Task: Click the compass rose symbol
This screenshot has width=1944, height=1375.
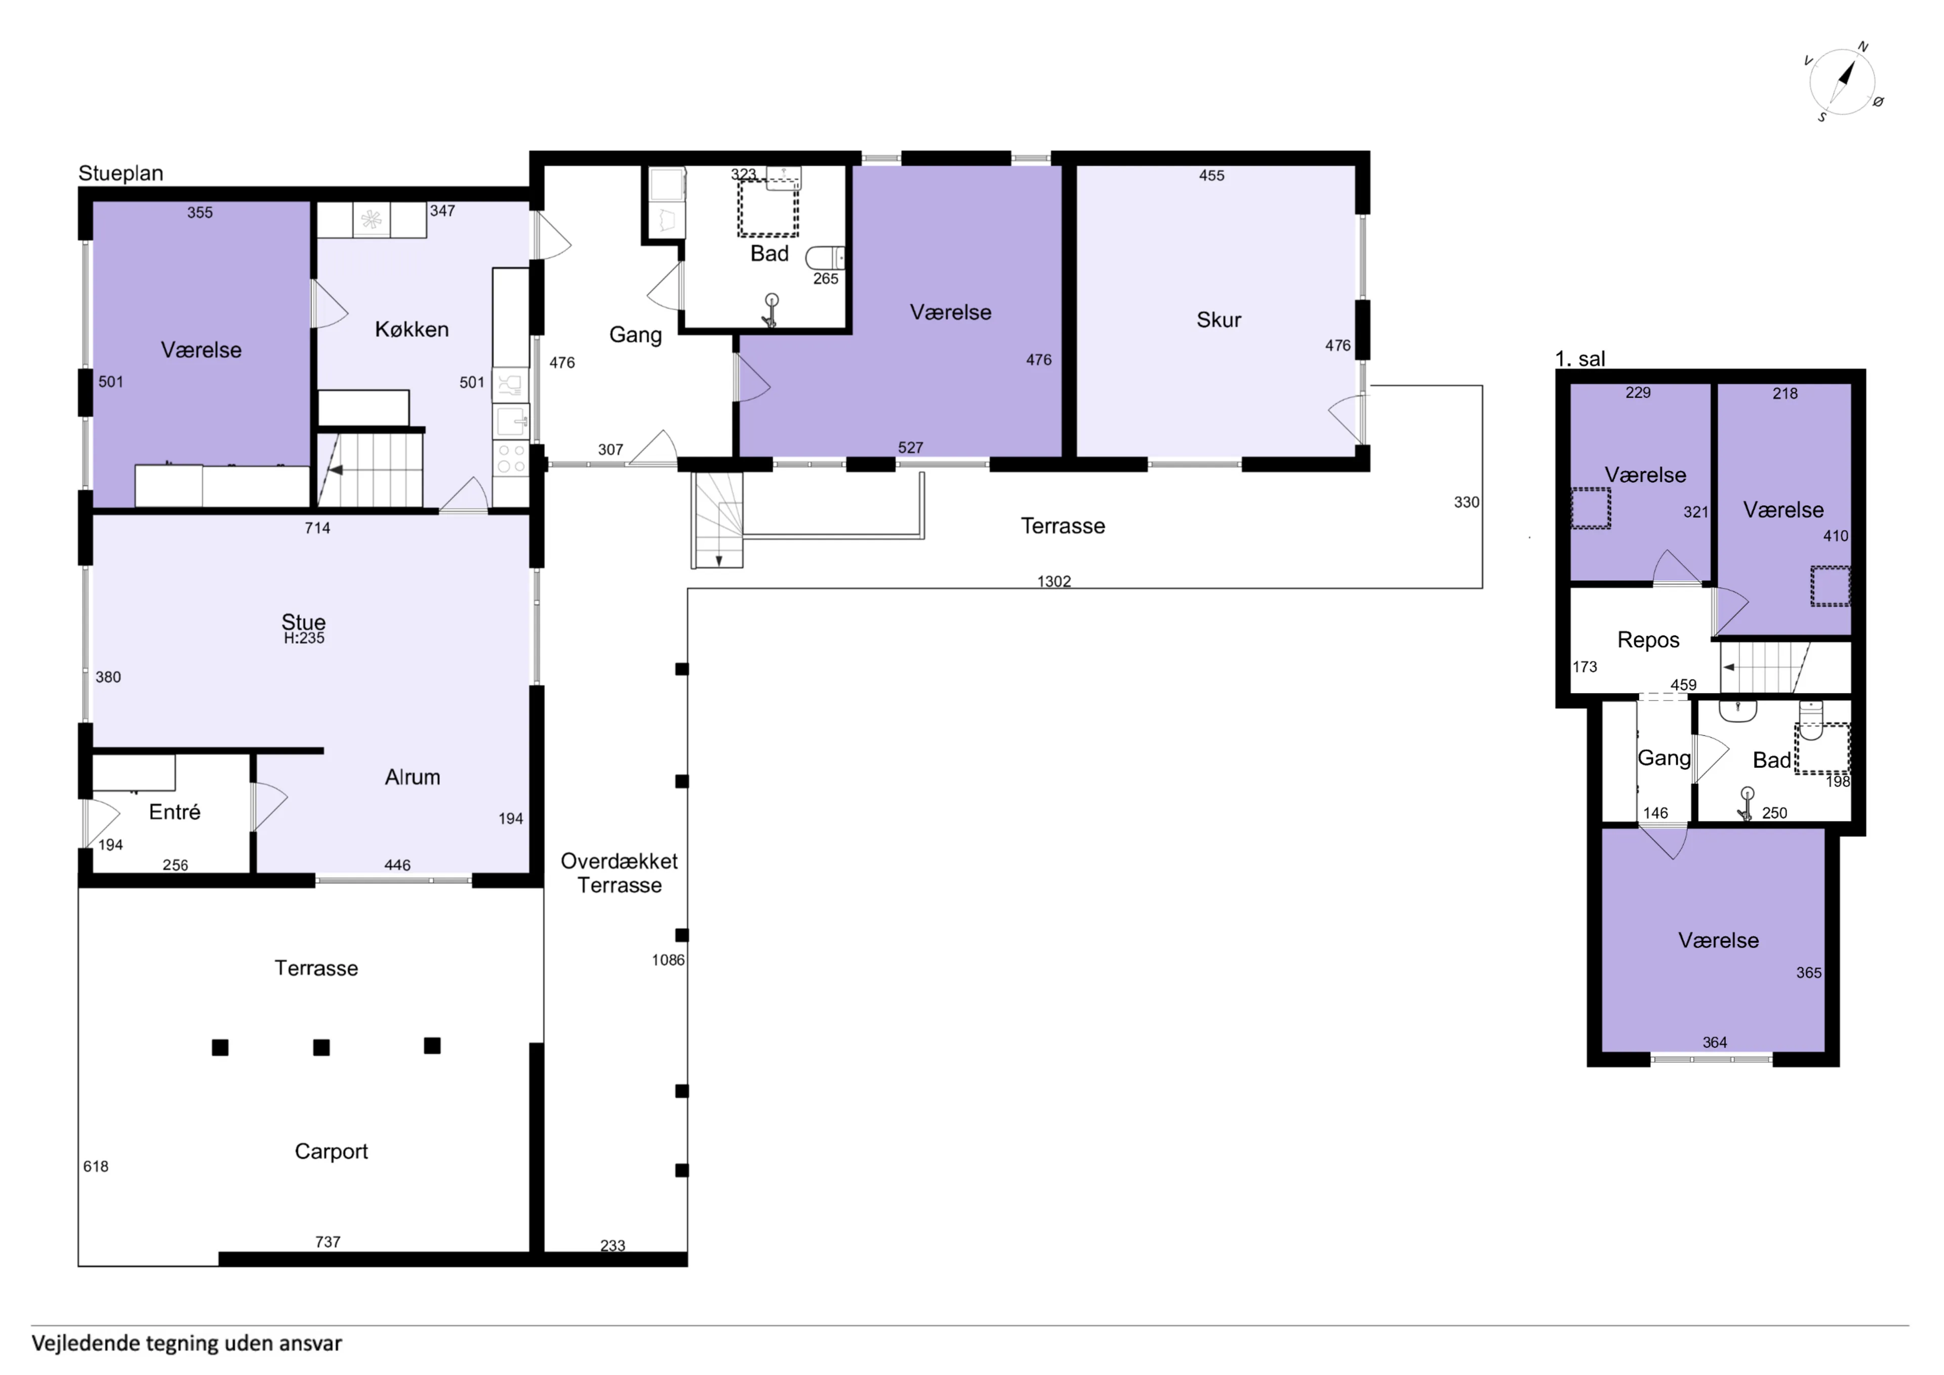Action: pos(1842,82)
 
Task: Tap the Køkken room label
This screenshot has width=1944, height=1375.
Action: pos(412,330)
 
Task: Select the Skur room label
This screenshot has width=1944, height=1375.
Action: pos(1219,320)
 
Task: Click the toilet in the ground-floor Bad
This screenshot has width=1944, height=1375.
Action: pos(825,258)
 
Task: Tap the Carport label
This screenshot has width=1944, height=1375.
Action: pos(331,1151)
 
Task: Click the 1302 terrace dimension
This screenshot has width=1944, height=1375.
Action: pos(1054,581)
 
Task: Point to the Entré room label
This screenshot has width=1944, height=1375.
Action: pos(175,812)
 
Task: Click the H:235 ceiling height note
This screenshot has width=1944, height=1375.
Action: pos(304,638)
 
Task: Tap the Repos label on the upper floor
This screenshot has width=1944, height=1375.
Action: pos(1648,640)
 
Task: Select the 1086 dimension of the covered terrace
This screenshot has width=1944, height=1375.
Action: pos(668,960)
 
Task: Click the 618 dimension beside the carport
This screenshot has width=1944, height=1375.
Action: pos(96,1166)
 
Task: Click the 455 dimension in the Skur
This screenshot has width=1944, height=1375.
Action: pos(1211,175)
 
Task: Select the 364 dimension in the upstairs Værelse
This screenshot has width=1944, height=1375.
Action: pos(1715,1042)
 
